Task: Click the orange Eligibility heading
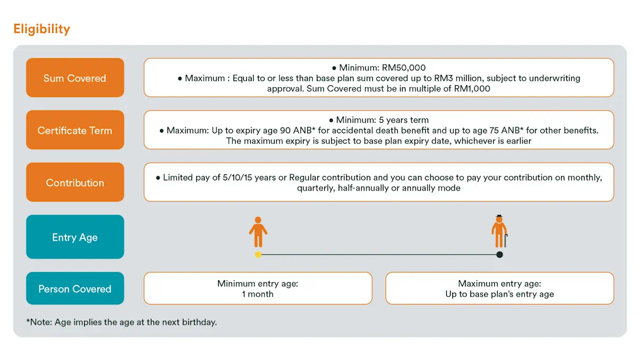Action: click(x=42, y=29)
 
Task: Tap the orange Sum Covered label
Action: click(x=75, y=78)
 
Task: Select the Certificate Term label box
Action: click(x=75, y=130)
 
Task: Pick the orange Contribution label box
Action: click(x=75, y=182)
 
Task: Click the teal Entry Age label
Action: click(x=75, y=237)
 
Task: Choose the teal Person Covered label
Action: click(x=75, y=289)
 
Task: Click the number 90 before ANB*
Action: click(x=285, y=131)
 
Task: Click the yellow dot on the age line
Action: click(x=258, y=254)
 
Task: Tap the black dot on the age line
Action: click(x=500, y=254)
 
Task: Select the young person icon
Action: click(x=258, y=231)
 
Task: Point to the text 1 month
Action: click(x=258, y=294)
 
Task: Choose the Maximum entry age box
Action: click(x=500, y=289)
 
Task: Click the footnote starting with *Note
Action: click(x=122, y=322)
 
